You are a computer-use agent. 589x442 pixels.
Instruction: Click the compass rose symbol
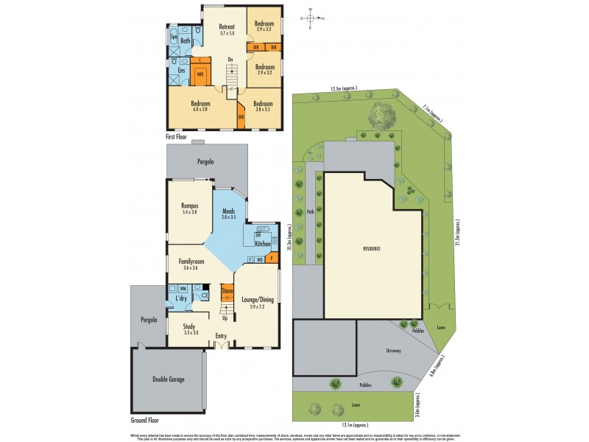point(311,19)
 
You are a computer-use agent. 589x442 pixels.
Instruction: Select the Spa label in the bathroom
point(174,35)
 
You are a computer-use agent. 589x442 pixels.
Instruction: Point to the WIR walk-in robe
point(200,74)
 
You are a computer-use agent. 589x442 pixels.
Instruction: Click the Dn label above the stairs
point(230,59)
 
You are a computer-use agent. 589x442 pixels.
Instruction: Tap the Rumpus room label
point(191,207)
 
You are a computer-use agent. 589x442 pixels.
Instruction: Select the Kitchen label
point(263,243)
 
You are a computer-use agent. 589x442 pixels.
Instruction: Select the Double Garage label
point(169,379)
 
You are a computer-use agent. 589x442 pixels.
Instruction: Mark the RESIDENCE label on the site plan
point(372,249)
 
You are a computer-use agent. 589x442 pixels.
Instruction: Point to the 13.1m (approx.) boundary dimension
point(354,424)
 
